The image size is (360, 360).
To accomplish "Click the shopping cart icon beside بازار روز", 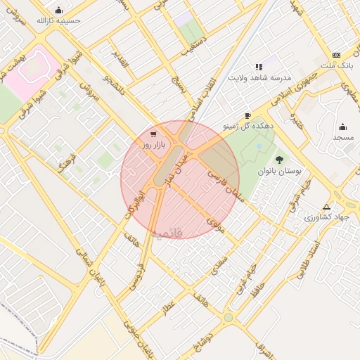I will pos(154,134).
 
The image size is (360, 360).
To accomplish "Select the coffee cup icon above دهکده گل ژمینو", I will pos(247,115).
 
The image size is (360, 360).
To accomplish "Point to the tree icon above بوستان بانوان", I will pos(280,160).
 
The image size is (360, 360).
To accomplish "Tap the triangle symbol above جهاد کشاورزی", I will pos(326,207).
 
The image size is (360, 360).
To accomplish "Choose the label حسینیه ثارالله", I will pos(59,20).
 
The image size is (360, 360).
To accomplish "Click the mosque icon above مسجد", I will pos(342,127).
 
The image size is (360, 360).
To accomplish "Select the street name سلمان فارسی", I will pos(224,181).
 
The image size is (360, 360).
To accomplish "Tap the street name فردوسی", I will pos(136,276).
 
